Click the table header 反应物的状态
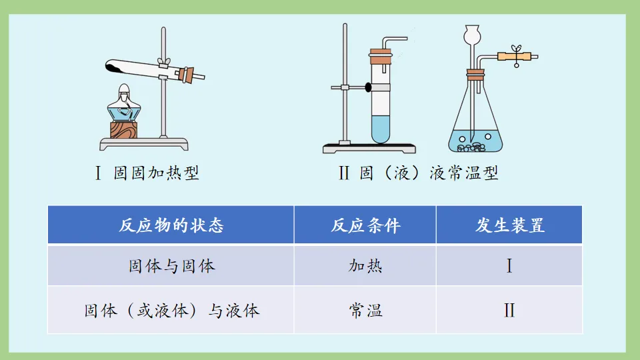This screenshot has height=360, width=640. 171,225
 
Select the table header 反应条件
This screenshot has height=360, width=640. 365,225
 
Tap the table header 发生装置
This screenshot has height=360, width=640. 510,225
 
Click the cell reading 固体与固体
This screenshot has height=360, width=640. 171,266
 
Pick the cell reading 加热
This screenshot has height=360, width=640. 365,266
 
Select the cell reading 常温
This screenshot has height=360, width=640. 365,310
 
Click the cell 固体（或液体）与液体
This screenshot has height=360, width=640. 171,310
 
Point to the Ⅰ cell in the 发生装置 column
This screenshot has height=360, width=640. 509,266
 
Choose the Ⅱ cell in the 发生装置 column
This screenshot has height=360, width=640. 509,310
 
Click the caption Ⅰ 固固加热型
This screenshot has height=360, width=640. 147,174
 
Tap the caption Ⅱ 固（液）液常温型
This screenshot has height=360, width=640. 418,174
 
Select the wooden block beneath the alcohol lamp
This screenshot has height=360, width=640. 124,129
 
